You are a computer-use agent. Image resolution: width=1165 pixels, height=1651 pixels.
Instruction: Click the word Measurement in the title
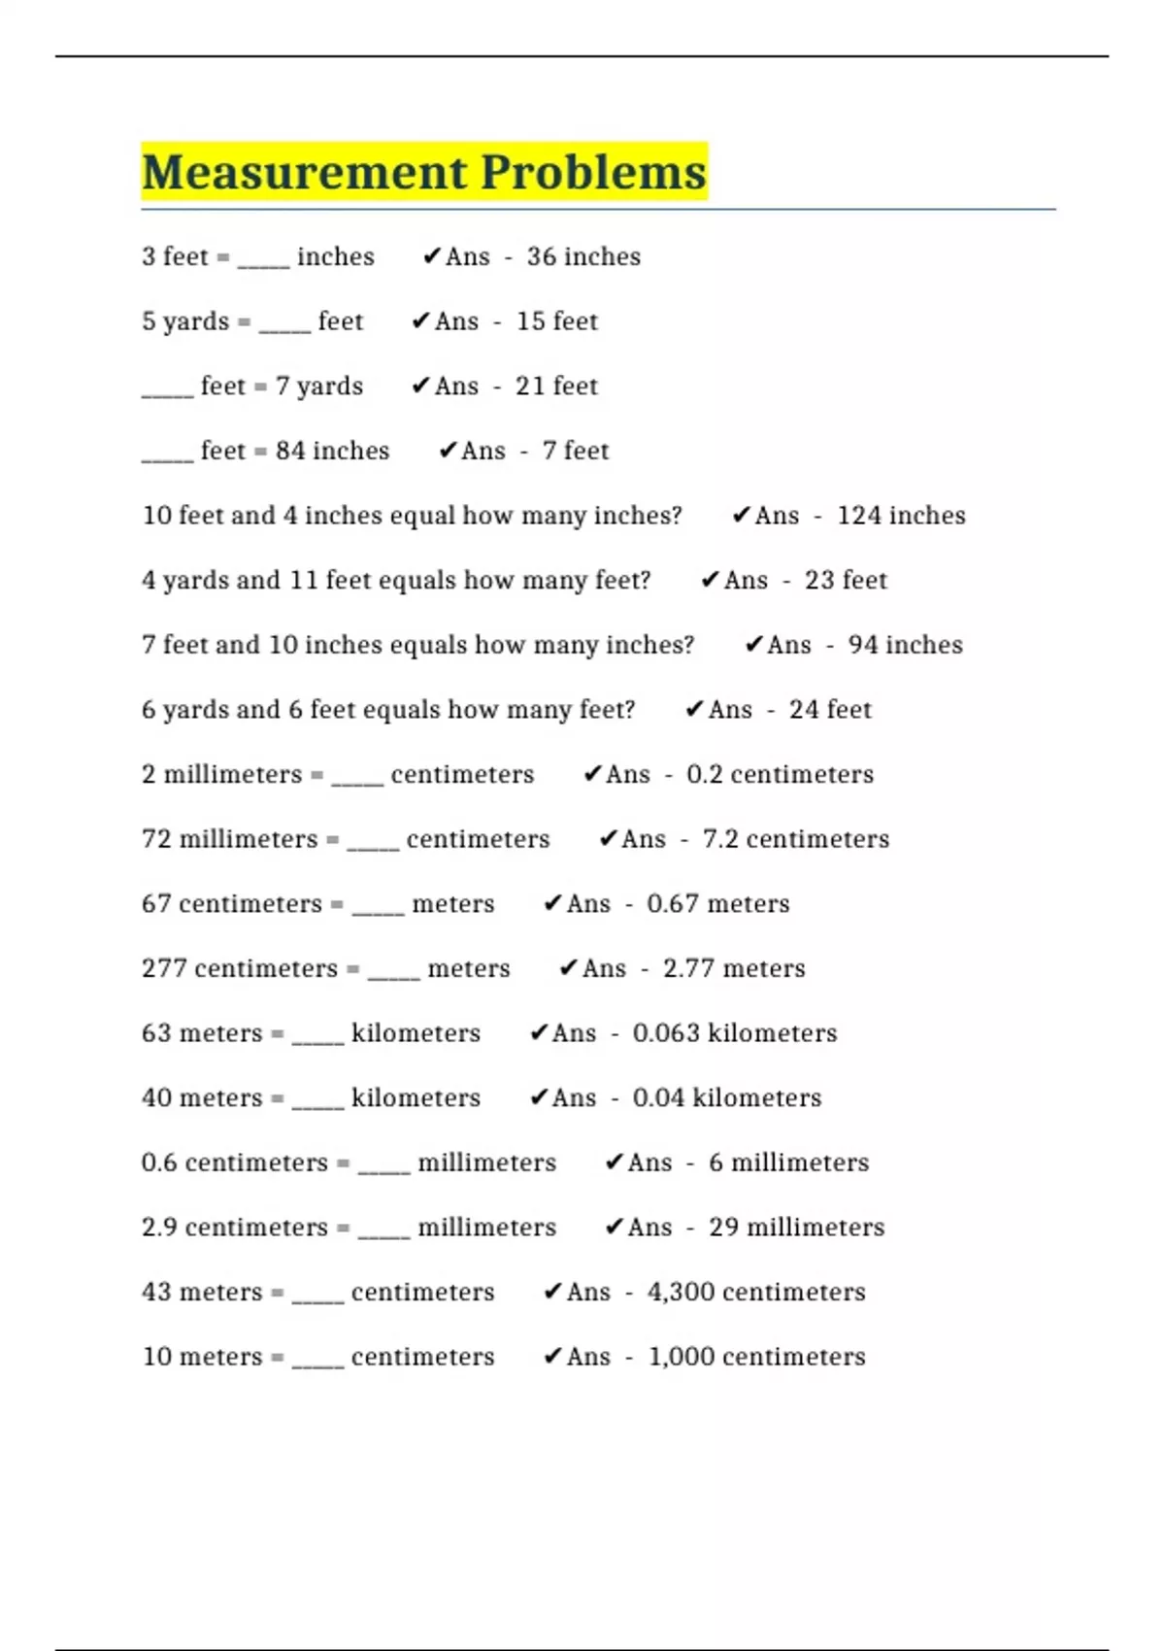tap(305, 173)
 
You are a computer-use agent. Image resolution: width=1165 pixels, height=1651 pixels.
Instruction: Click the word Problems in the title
tap(593, 173)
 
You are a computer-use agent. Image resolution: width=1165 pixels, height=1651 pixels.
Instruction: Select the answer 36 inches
tap(583, 257)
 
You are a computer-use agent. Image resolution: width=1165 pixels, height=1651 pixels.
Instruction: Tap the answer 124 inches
tap(901, 516)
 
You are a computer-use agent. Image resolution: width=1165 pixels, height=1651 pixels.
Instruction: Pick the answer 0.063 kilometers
tap(734, 1033)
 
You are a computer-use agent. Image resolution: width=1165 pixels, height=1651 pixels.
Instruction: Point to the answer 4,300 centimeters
tap(756, 1293)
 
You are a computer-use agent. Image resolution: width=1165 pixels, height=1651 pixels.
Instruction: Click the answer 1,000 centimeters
tap(756, 1357)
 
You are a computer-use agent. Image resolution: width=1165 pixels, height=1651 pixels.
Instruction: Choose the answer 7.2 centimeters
tap(795, 839)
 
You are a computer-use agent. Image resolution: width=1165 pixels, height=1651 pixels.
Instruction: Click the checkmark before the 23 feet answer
tap(710, 580)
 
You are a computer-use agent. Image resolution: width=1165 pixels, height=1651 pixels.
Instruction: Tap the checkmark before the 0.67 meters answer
tap(552, 903)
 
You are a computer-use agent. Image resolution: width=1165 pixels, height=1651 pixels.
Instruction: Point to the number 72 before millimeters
tap(156, 839)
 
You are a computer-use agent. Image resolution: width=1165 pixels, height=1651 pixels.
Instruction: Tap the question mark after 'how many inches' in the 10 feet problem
tap(677, 516)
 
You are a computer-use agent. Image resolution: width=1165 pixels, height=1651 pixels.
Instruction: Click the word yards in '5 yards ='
tap(196, 322)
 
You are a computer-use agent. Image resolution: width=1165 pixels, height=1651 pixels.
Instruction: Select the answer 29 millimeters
tap(796, 1228)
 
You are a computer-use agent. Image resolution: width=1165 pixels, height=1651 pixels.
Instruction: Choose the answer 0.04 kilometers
tap(726, 1098)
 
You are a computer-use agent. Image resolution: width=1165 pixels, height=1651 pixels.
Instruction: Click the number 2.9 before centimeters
tap(159, 1228)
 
